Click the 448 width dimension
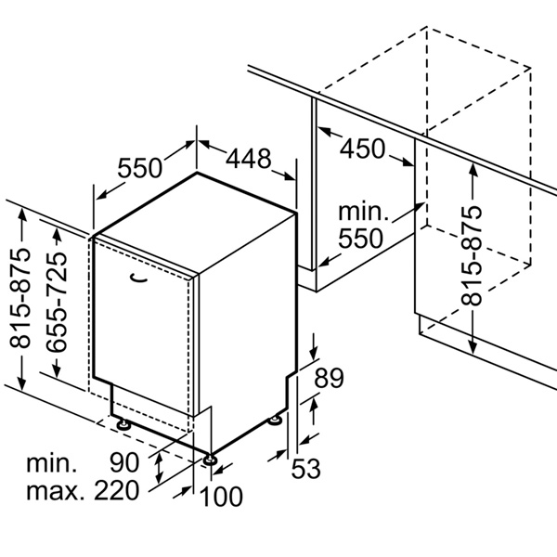click(248, 159)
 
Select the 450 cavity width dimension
click(362, 149)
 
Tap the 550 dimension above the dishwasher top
click(139, 168)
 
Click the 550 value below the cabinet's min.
click(360, 238)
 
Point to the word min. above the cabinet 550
click(363, 212)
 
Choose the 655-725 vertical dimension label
click(57, 302)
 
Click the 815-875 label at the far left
click(19, 298)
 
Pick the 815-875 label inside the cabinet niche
click(472, 255)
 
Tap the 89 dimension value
click(329, 378)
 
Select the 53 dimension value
click(305, 469)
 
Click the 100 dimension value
click(221, 497)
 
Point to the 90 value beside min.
click(124, 462)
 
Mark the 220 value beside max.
click(117, 490)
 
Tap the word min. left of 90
click(51, 463)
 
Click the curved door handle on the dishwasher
click(138, 278)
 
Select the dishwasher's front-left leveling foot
click(123, 424)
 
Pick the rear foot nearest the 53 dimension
click(275, 421)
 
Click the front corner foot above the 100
click(210, 460)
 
